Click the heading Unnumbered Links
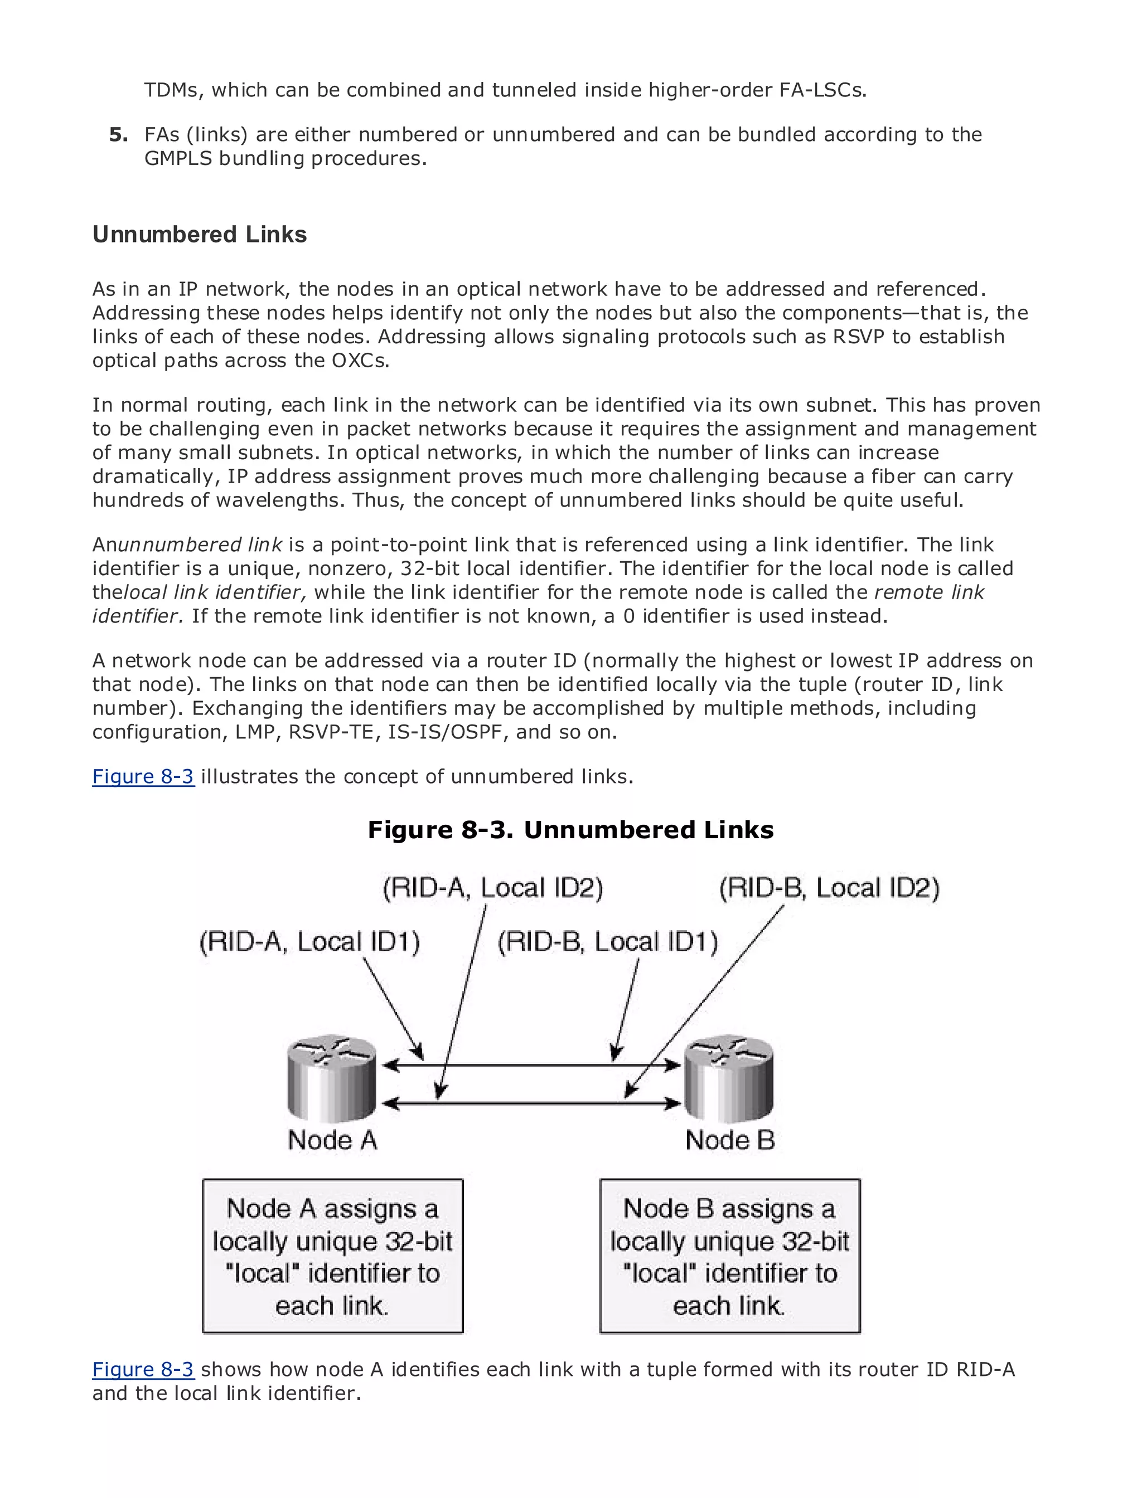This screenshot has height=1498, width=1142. pos(199,235)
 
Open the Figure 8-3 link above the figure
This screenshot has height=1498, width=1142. pos(143,776)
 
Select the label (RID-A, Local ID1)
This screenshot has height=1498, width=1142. pos(309,942)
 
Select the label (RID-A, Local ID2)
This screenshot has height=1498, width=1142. pos(493,888)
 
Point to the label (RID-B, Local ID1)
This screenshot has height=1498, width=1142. pos(608,942)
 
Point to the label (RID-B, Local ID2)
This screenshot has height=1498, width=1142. pos(829,888)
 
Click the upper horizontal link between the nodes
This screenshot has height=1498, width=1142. pos(530,1065)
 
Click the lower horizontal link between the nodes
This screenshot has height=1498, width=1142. pos(530,1103)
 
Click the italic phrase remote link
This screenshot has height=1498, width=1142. pos(928,592)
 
